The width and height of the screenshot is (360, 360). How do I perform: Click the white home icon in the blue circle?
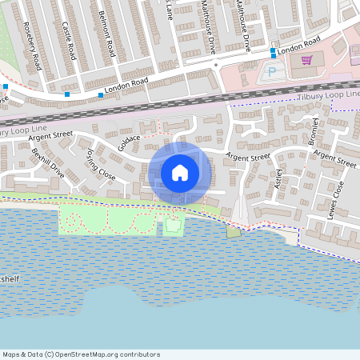[180, 172]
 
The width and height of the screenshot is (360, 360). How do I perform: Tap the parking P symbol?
[270, 72]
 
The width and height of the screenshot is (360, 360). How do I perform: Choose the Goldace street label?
[128, 142]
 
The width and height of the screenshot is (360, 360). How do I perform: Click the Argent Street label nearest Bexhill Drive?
[50, 138]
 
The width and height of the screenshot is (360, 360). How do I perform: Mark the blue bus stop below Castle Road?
[67, 95]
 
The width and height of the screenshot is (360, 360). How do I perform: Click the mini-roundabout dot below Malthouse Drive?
[215, 65]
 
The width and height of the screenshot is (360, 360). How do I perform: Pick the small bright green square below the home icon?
[172, 227]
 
